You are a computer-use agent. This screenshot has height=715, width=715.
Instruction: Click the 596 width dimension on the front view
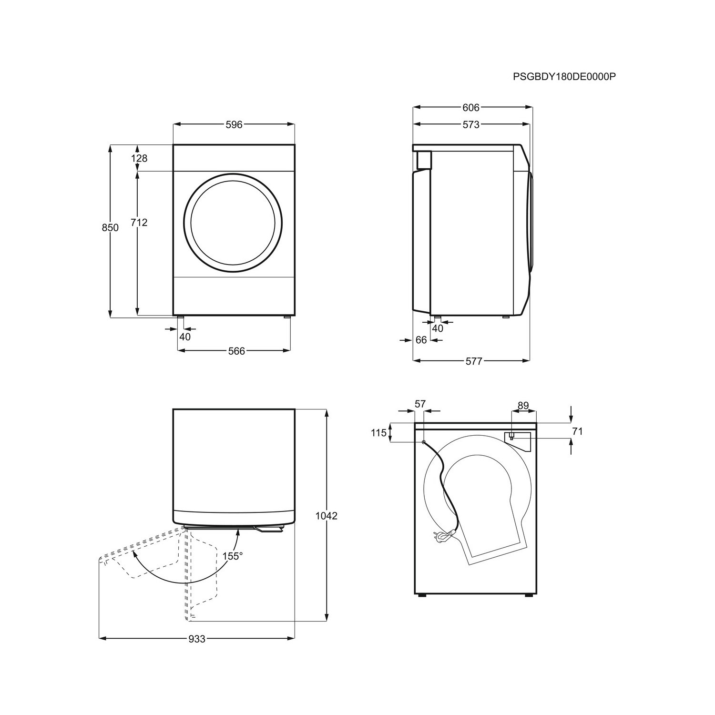tap(234, 125)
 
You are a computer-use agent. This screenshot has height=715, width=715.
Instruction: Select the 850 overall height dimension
tap(110, 228)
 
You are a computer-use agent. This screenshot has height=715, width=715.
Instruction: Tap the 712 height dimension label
tap(139, 222)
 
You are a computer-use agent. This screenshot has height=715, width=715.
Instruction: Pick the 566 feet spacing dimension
tap(236, 351)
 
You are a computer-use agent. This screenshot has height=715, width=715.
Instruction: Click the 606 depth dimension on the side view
tap(470, 108)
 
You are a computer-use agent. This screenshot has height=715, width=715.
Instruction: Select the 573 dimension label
tap(470, 125)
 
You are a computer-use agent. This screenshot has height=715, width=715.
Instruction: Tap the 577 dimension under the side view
tap(474, 361)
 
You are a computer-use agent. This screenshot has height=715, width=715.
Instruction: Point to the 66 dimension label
tap(421, 340)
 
